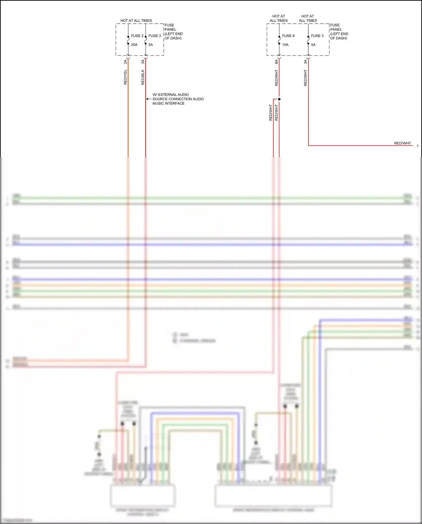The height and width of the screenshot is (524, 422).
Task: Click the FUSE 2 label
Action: [x=137, y=36]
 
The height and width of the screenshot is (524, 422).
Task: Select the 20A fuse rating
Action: [x=134, y=45]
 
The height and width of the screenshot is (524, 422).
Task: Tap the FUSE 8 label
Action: [x=288, y=36]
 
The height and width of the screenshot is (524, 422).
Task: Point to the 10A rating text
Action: [x=285, y=45]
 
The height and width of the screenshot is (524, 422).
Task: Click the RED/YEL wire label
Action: [x=125, y=77]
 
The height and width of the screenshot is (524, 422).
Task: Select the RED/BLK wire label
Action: [x=143, y=77]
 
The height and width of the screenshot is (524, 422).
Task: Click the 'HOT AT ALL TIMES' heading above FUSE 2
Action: [x=136, y=21]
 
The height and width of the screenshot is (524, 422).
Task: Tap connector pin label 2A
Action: [x=125, y=62]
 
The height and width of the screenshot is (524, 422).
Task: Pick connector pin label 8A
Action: [x=277, y=62]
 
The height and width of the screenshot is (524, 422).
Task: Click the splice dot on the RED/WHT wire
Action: [x=279, y=99]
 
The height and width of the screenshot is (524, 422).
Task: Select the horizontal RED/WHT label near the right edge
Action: [x=402, y=143]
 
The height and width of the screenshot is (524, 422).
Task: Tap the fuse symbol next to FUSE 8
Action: [x=279, y=40]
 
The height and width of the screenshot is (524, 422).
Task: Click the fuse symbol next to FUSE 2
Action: [x=128, y=40]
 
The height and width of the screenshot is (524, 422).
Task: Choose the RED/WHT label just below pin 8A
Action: [x=277, y=78]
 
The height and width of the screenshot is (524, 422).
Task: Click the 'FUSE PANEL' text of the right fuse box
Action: [x=336, y=27]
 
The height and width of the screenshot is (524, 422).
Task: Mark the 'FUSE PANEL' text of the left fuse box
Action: [x=170, y=27]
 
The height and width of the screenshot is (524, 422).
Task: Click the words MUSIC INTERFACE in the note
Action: [x=169, y=103]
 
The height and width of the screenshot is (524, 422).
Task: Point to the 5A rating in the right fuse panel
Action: [x=313, y=45]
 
